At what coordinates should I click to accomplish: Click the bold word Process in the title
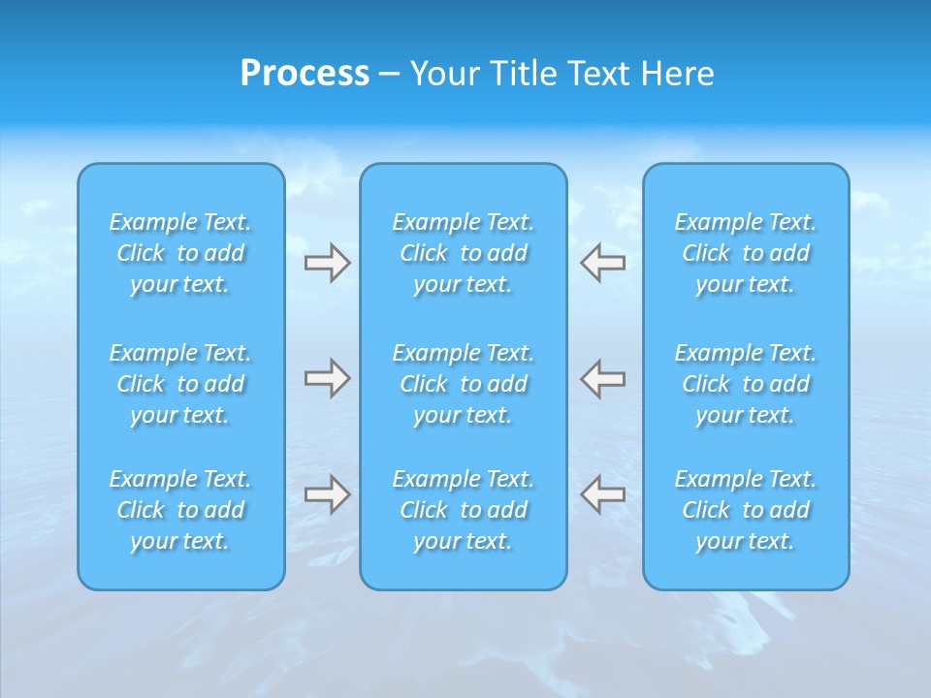pyautogui.click(x=305, y=74)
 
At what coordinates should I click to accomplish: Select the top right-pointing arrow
pyautogui.click(x=327, y=263)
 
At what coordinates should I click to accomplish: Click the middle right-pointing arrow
pyautogui.click(x=327, y=377)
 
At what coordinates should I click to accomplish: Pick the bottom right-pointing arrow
pyautogui.click(x=327, y=494)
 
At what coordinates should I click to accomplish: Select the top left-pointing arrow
pyautogui.click(x=603, y=263)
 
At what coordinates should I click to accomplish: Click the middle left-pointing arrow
pyautogui.click(x=603, y=377)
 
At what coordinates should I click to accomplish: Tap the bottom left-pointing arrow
pyautogui.click(x=603, y=494)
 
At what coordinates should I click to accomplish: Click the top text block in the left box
pyautogui.click(x=180, y=253)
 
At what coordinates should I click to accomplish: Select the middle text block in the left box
pyautogui.click(x=180, y=384)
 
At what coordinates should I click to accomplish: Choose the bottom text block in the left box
pyautogui.click(x=180, y=510)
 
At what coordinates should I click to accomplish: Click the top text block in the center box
pyautogui.click(x=463, y=253)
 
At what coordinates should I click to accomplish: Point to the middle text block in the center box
pyautogui.click(x=463, y=384)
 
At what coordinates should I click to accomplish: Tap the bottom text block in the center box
pyautogui.click(x=463, y=510)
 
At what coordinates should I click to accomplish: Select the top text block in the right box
pyautogui.click(x=745, y=253)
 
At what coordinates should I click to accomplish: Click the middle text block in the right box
pyautogui.click(x=745, y=384)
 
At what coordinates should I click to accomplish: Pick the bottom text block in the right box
pyautogui.click(x=745, y=510)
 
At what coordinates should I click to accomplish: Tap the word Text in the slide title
pyautogui.click(x=598, y=74)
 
